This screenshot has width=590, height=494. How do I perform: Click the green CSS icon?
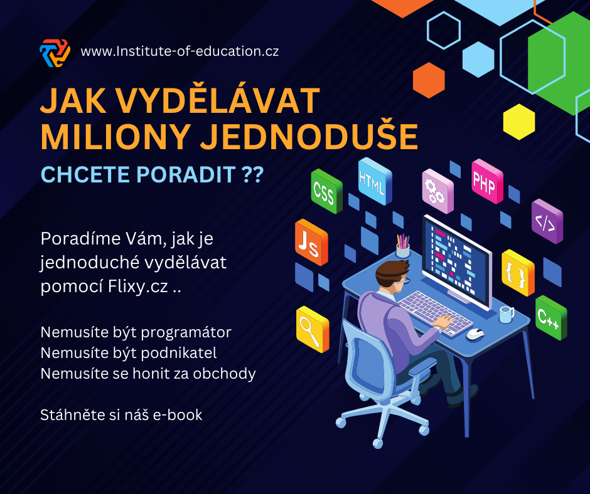[326, 191]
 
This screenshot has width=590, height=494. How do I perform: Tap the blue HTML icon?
[375, 181]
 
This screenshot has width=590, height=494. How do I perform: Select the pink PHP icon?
[487, 181]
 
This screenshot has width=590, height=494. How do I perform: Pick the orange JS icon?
[311, 243]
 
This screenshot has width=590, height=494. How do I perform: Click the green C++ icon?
[551, 318]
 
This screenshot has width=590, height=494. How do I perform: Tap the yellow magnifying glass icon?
[313, 329]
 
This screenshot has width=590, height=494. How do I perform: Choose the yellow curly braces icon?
[518, 273]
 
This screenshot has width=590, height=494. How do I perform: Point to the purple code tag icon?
[547, 221]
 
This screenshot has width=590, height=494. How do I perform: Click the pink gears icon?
[437, 191]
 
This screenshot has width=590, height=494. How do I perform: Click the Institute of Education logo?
[55, 53]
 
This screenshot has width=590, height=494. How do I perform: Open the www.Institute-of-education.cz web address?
[180, 51]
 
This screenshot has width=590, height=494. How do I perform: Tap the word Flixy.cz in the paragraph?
[137, 286]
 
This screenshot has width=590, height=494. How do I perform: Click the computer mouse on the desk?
[475, 334]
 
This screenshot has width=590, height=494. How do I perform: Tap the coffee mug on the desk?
[507, 314]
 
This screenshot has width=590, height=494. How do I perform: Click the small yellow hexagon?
[519, 122]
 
